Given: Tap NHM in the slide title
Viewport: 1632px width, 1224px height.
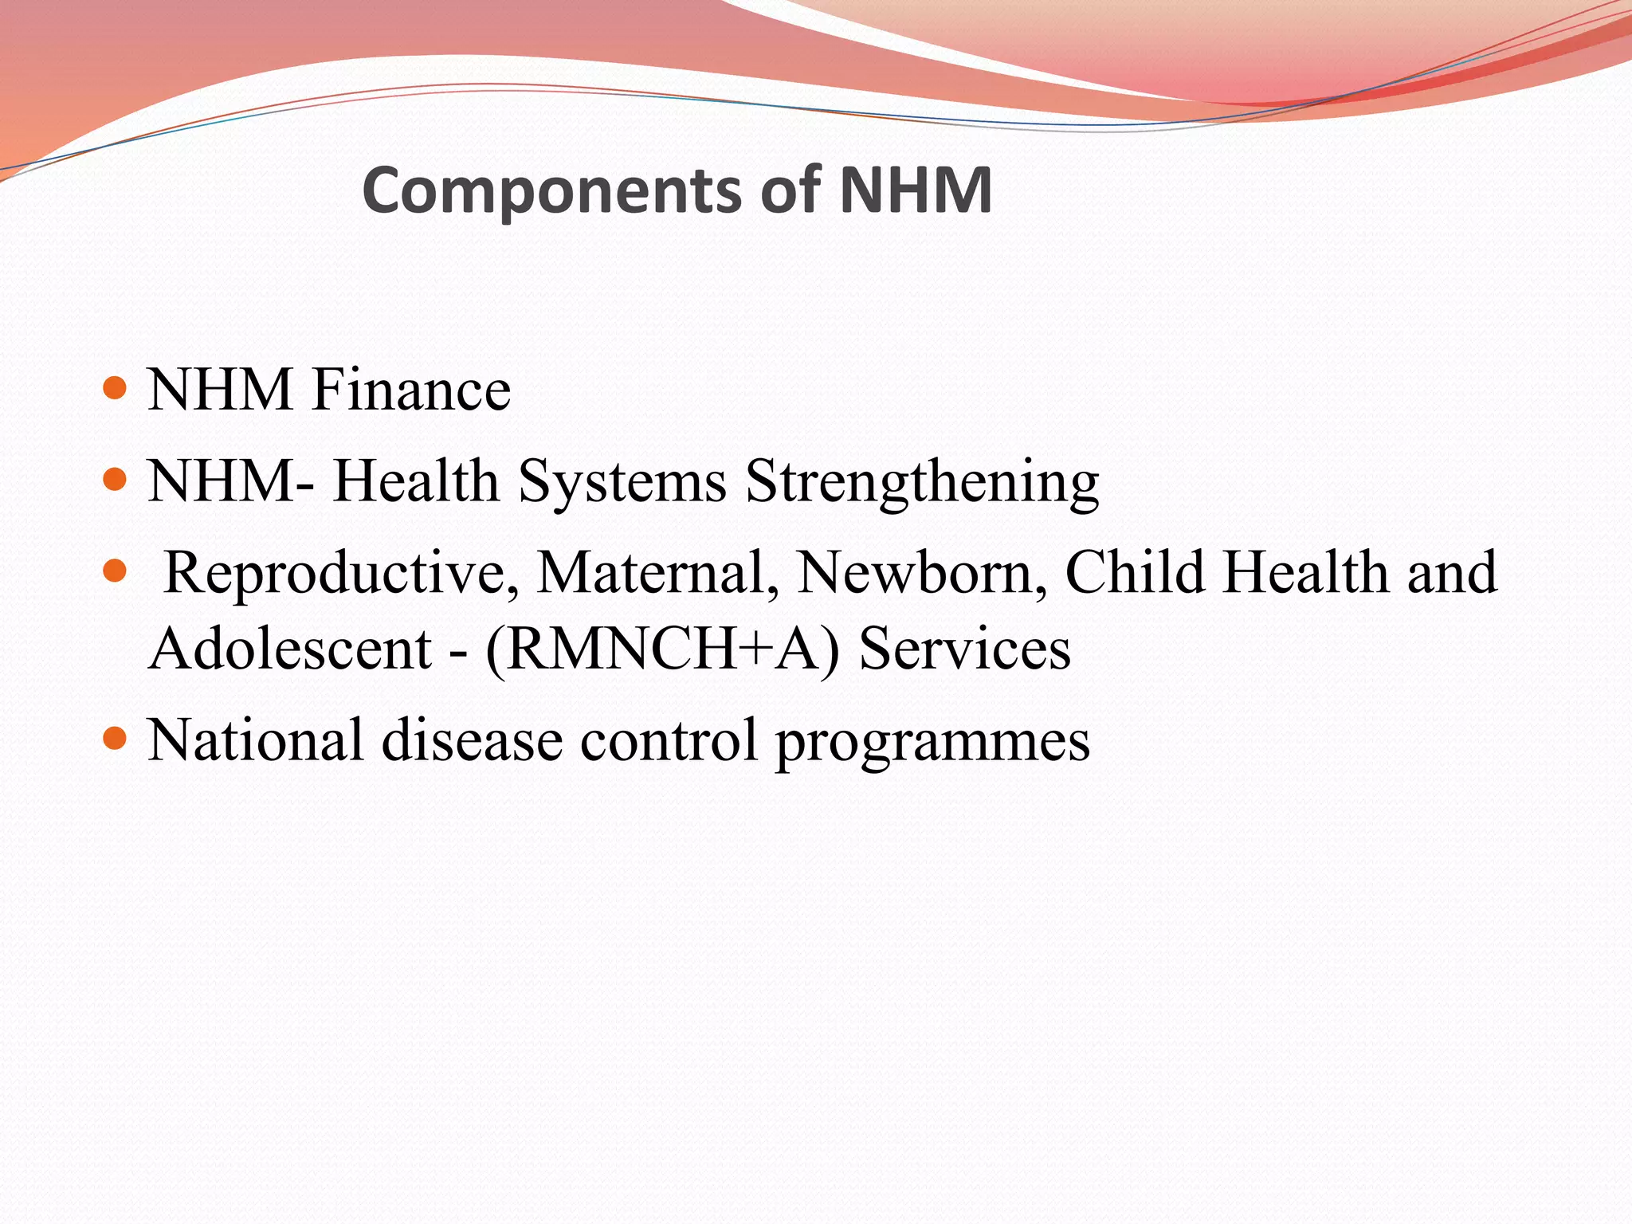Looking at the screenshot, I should click(x=916, y=190).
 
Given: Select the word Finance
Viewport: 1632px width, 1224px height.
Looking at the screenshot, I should click(x=411, y=390).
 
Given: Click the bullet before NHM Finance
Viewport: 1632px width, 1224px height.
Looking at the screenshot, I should click(x=116, y=388).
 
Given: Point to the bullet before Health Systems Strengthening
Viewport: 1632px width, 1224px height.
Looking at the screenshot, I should click(x=116, y=479).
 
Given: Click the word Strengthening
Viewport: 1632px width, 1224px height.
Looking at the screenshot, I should click(x=922, y=483).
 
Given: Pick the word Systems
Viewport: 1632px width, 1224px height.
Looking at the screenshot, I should click(x=622, y=483).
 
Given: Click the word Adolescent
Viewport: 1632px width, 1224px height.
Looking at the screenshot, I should click(x=290, y=649).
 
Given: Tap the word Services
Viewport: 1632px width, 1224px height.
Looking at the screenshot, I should click(x=964, y=649).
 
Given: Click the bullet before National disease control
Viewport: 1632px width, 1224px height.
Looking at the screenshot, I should click(x=116, y=738).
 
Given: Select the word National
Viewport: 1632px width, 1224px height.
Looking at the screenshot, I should click(x=256, y=740).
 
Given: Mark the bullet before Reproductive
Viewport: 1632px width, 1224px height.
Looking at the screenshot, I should click(x=116, y=571).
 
